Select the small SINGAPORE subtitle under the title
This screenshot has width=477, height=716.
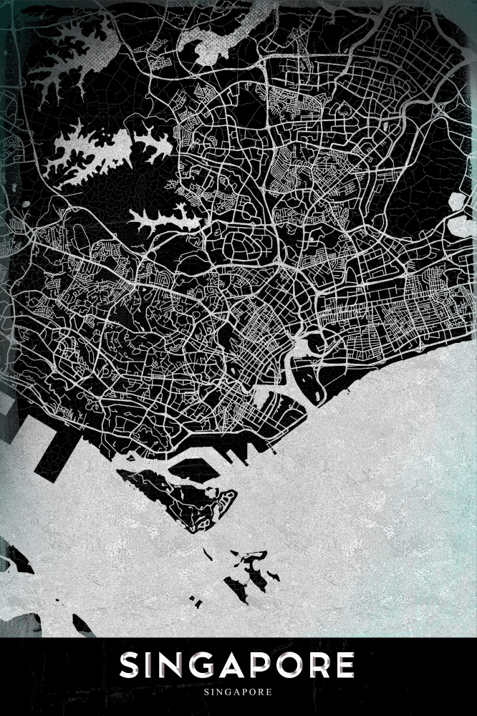238,692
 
